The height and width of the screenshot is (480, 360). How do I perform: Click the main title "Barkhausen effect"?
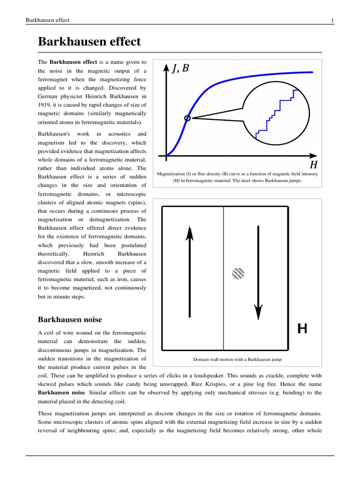tap(89, 41)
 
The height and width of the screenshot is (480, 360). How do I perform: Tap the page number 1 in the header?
tap(332, 20)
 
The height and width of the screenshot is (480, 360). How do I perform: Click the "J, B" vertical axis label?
tap(181, 69)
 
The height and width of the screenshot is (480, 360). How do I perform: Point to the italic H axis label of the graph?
tap(314, 165)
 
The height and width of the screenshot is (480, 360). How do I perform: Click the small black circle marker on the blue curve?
tap(187, 118)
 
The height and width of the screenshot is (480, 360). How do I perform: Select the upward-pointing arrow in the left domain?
tap(189, 272)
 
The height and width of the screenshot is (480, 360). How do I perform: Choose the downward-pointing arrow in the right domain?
tap(257, 272)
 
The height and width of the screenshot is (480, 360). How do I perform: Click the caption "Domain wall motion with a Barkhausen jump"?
tap(237, 360)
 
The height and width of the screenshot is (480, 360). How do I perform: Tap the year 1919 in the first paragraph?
tap(45, 105)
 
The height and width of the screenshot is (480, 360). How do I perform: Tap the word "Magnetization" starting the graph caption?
tap(172, 174)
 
